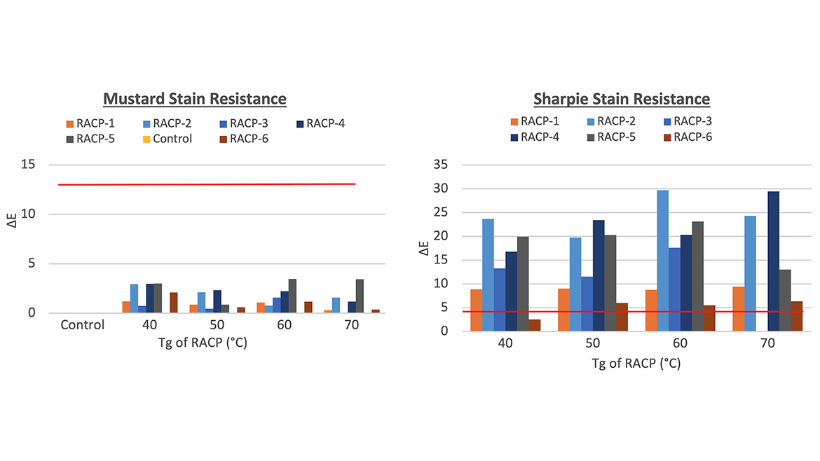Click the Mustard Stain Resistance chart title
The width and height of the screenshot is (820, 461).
[194, 98]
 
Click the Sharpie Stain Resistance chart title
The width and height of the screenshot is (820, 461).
[622, 99]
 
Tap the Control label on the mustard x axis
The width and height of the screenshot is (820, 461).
[82, 325]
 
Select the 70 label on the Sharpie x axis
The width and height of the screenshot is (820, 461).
[767, 345]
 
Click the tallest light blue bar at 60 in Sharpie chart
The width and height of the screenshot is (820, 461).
[662, 260]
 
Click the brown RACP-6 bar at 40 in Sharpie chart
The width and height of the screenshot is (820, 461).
[534, 325]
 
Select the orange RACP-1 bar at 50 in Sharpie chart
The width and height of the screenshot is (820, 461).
[563, 310]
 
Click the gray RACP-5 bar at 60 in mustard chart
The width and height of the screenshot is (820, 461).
[292, 296]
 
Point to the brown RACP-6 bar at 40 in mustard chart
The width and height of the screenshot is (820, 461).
[174, 303]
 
